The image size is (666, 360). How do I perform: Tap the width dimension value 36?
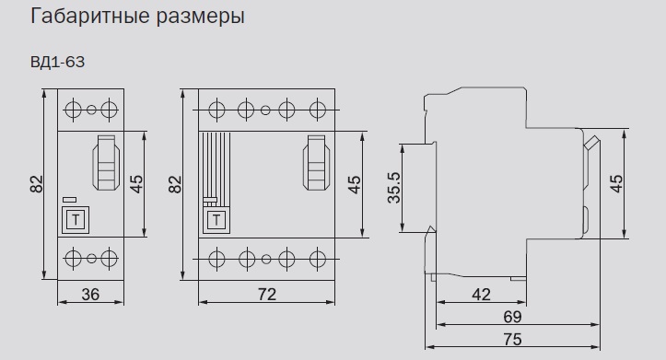(90, 295)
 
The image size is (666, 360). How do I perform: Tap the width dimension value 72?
(266, 295)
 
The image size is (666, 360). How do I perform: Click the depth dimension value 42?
(480, 295)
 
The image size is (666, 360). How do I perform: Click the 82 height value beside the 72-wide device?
(175, 184)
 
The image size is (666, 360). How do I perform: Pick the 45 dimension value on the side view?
(617, 183)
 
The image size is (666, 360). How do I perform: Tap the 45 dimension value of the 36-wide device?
(135, 184)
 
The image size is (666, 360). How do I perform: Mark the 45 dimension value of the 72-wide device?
(354, 184)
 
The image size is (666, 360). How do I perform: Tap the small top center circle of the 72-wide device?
(266, 110)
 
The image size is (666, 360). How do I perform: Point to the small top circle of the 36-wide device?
(91, 110)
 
